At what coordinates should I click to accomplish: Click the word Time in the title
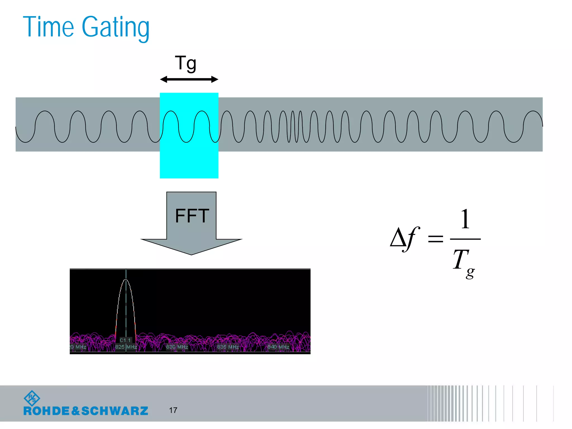click(x=48, y=27)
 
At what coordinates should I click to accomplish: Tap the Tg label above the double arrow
click(x=186, y=63)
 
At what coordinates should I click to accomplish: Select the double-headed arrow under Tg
click(x=189, y=80)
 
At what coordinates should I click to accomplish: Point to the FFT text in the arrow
click(x=192, y=216)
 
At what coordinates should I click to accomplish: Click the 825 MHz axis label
click(x=126, y=347)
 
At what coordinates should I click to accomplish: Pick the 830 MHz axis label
click(x=177, y=347)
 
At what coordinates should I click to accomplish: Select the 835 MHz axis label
click(x=228, y=347)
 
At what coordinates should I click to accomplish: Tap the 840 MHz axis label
click(x=278, y=347)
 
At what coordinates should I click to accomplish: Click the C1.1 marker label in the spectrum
click(x=125, y=340)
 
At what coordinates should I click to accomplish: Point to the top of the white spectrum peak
click(x=126, y=280)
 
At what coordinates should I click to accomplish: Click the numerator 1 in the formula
click(x=465, y=219)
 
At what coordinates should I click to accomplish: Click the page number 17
click(x=173, y=410)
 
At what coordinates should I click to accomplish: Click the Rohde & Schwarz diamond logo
click(x=32, y=398)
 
